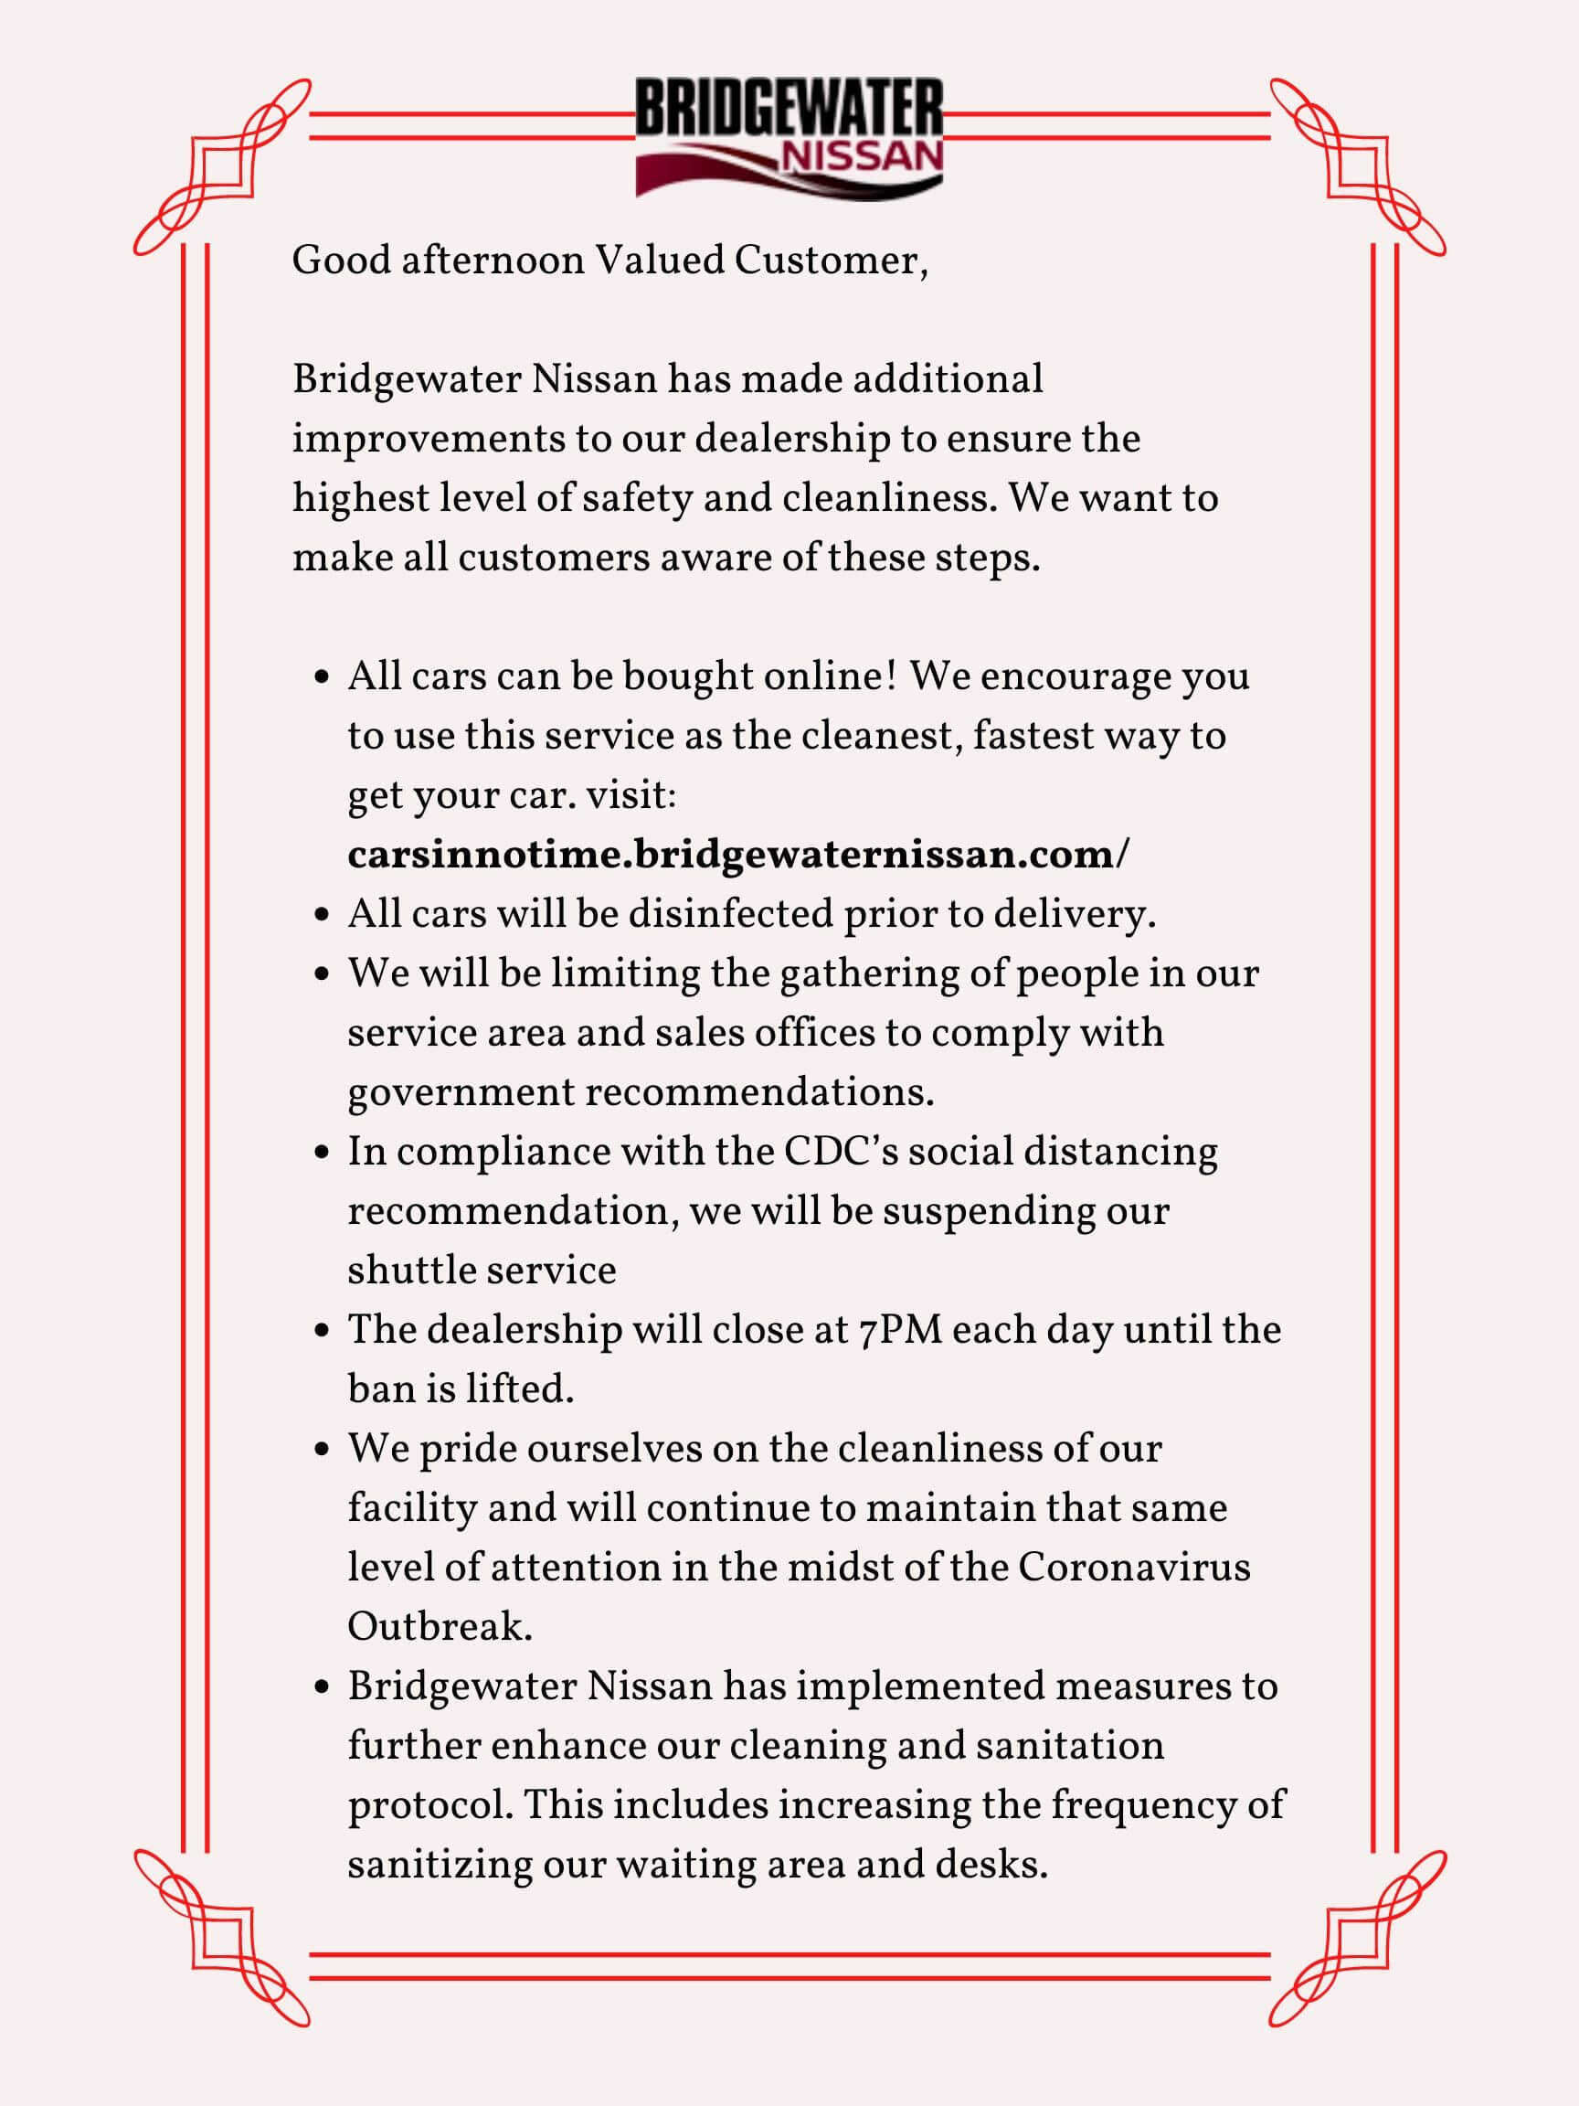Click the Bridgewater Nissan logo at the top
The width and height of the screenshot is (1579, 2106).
[x=789, y=139]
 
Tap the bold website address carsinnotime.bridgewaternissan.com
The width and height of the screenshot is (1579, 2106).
[x=737, y=854]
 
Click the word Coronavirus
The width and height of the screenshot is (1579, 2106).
[x=1135, y=1567]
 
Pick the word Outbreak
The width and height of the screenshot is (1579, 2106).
[x=438, y=1627]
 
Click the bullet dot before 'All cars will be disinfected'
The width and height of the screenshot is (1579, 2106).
[x=322, y=914]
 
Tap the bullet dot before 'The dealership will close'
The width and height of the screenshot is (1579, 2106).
[x=322, y=1330]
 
